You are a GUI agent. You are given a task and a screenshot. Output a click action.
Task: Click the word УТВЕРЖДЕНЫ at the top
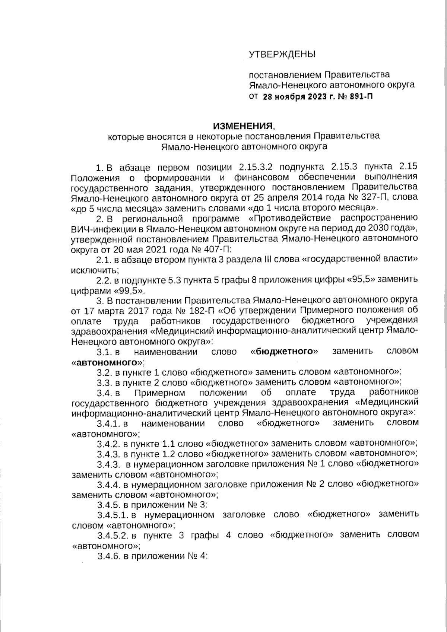tap(282, 54)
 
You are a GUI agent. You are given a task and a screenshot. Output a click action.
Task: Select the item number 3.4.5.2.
tap(113, 536)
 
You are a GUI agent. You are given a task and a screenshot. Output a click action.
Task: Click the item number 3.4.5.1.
tap(113, 515)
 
